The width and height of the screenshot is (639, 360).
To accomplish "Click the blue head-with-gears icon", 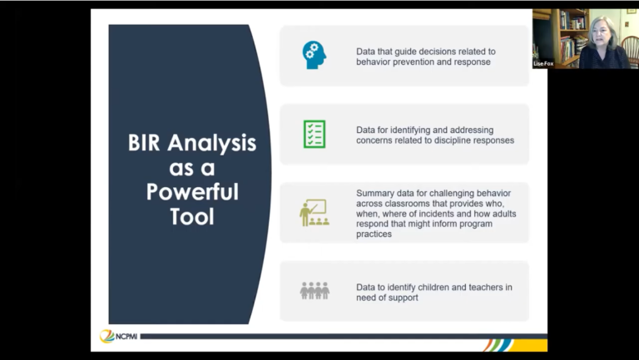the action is point(315,55).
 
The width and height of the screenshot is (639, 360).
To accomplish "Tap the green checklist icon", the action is point(315,134).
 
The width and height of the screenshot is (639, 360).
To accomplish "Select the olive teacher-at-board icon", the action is point(315,213).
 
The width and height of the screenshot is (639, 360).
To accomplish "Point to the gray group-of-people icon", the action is point(315,291).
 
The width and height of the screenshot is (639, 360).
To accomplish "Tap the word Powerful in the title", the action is point(192,191).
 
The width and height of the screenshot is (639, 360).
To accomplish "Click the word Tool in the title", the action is point(192,216).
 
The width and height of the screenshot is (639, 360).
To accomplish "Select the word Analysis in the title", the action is point(212,144).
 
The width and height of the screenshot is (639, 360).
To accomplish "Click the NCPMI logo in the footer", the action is point(119,337).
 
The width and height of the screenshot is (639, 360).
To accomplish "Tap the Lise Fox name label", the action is point(543,64).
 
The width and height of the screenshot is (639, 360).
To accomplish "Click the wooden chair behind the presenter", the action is point(630,50).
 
